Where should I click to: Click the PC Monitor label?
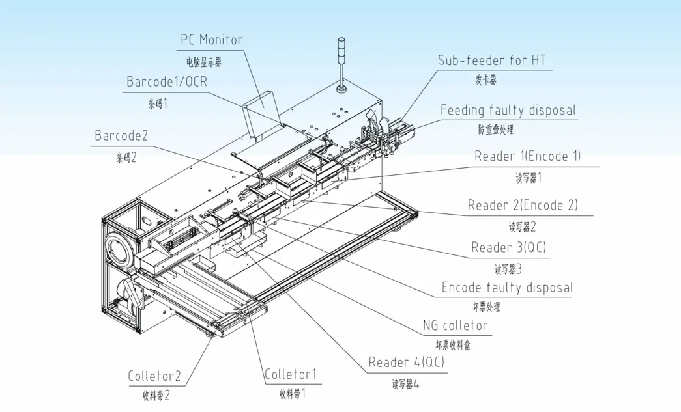[211, 40]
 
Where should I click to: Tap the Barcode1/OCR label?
[167, 82]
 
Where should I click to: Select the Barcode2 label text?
[121, 136]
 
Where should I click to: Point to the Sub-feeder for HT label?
[491, 61]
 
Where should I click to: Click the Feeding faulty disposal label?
[508, 110]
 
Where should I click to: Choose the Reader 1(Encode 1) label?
[527, 156]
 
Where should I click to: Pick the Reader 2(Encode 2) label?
[523, 205]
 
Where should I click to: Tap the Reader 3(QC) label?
[508, 247]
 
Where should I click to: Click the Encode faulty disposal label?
[507, 288]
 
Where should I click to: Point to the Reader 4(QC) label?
[406, 363]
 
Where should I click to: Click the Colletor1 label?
[291, 374]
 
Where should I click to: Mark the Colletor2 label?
[154, 376]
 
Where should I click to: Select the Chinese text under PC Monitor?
[204, 62]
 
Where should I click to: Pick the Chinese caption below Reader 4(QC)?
[405, 384]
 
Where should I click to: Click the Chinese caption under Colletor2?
[156, 395]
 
